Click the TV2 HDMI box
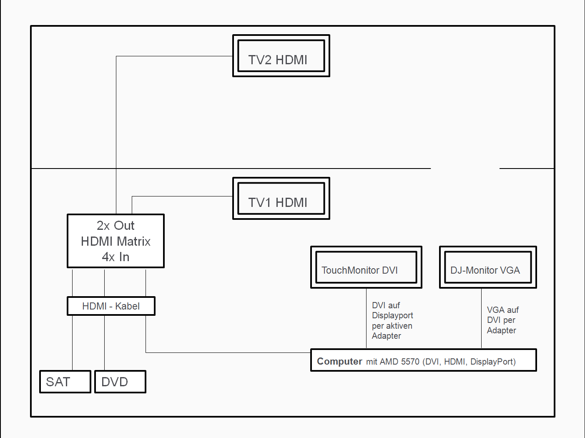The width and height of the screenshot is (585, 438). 281,56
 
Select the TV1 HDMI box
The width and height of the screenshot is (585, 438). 281,199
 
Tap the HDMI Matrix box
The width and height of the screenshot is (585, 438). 115,241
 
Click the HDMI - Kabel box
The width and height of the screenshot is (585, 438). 111,306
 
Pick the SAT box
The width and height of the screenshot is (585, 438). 65,382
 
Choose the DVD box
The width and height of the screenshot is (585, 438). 120,382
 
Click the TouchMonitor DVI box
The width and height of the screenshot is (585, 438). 366,267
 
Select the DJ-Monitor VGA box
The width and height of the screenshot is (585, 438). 488,267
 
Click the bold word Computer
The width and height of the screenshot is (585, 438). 339,361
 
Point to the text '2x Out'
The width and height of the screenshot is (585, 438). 115,226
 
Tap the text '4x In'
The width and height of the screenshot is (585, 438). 115,257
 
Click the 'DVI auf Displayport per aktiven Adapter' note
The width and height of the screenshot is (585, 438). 392,320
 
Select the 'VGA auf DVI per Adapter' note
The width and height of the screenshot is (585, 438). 502,320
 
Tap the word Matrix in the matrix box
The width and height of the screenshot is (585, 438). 133,242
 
